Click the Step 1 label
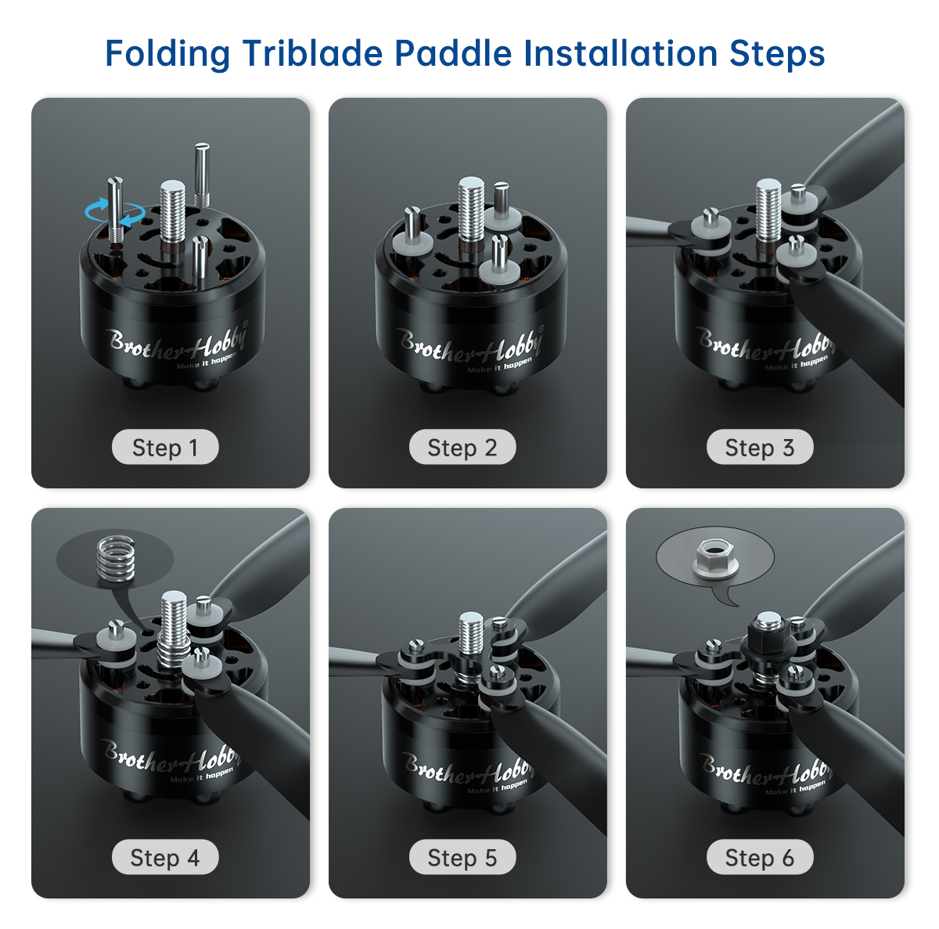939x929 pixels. pos(165,447)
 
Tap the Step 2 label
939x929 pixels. pos(462,447)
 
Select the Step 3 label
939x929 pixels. pos(760,447)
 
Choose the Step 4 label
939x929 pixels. pos(165,857)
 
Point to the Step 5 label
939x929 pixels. pos(462,857)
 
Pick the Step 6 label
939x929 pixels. pos(760,857)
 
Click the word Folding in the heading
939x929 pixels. pos(167,55)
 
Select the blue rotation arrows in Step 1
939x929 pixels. pos(115,213)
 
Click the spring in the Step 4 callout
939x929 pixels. pos(116,558)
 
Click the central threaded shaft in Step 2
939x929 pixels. pos(471,211)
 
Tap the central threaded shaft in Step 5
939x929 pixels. pos(471,635)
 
